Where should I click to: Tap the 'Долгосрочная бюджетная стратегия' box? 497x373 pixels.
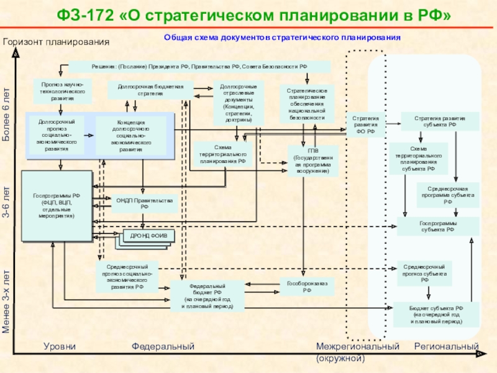[151, 90]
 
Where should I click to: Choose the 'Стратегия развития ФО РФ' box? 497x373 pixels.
[365, 124]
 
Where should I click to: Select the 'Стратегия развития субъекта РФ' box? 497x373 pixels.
[439, 121]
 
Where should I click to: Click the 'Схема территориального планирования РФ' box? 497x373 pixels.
[222, 154]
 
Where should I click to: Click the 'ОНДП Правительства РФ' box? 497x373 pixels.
[144, 203]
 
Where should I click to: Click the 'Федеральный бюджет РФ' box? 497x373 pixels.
[207, 295]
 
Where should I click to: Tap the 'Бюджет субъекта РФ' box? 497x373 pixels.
[436, 315]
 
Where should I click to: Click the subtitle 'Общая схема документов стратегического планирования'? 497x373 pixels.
[283, 38]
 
